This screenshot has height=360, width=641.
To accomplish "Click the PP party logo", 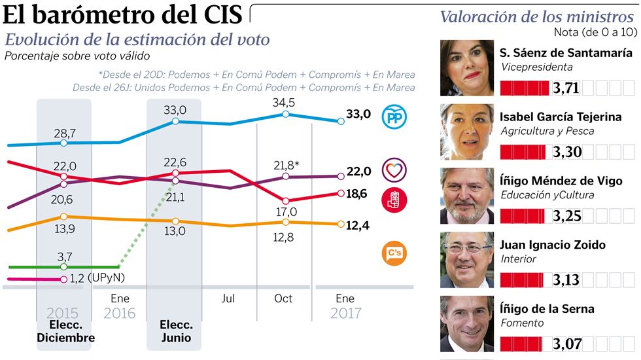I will (395, 117).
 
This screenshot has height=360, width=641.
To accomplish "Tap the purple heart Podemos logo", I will (394, 170).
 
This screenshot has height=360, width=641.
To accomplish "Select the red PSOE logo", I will (394, 200).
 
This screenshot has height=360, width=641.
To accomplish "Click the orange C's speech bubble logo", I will (394, 253).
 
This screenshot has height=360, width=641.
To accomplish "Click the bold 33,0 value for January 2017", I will (358, 114).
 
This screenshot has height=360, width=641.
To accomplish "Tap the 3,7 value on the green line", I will (63, 255).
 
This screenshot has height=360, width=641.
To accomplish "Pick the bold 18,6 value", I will (358, 194).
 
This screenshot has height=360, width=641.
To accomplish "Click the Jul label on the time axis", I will (228, 298).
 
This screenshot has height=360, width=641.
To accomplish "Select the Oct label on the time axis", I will (283, 298).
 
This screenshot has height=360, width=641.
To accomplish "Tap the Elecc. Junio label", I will (175, 332).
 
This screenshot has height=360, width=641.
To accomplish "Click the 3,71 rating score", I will (565, 88).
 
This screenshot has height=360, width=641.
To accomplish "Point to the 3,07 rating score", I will (565, 343).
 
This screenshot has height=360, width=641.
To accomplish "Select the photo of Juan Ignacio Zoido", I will (466, 260).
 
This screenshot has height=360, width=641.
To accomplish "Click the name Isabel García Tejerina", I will (561, 117).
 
